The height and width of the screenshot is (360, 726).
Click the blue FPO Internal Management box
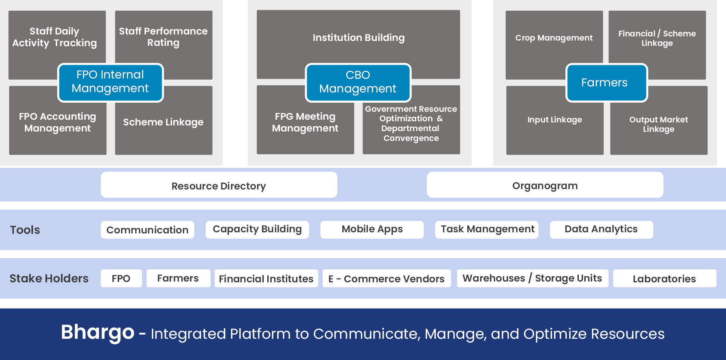pos(110,82)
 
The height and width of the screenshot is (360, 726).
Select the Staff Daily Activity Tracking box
pos(55,37)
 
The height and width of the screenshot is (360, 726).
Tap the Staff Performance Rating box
pos(163,37)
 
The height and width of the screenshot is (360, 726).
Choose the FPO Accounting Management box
pos(58,122)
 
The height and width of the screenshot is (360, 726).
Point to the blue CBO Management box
pos(358,82)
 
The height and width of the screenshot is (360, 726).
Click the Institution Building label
pos(358,38)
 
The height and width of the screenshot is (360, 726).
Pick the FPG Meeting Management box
pos(305,122)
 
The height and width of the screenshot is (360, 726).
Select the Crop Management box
pos(554,38)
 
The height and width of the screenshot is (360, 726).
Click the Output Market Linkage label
pos(659,124)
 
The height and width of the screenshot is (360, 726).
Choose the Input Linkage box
pos(554,120)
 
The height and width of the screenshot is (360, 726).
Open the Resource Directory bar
pos(219,185)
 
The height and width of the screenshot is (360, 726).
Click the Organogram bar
pos(545,185)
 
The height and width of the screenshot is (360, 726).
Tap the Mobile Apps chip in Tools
pos(372,229)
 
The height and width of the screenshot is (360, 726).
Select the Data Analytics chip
pos(601,229)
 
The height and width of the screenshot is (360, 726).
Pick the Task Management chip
pos(487,229)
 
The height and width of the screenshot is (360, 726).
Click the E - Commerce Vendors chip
pos(386,279)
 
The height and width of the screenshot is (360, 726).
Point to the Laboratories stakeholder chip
pos(664,279)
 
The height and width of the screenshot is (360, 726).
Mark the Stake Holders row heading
pos(49,279)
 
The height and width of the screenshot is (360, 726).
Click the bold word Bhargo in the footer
pos(98,332)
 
